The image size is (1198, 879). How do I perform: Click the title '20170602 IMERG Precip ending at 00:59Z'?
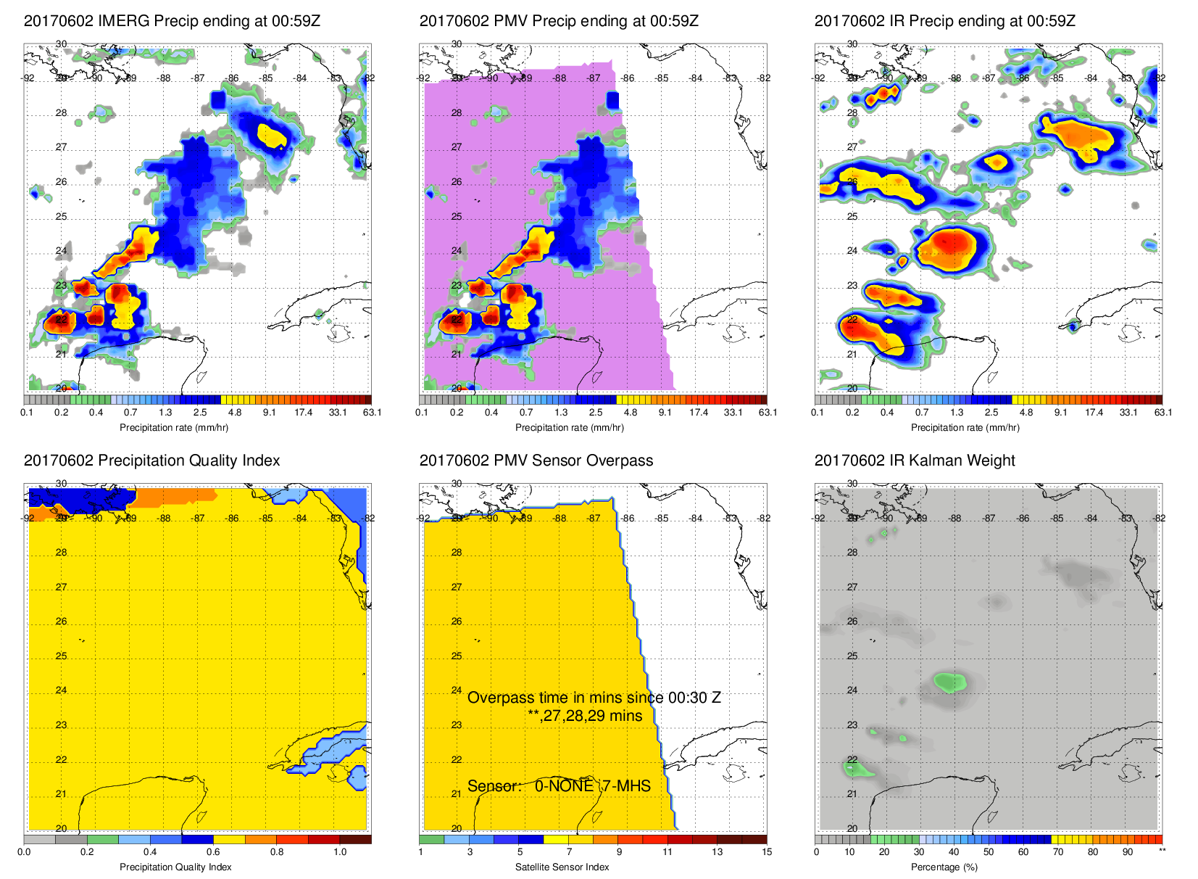172,21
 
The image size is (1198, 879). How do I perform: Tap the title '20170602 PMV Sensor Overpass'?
536,461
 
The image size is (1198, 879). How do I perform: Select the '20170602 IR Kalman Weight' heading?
914,461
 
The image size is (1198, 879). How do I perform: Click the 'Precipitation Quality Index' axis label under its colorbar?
175,867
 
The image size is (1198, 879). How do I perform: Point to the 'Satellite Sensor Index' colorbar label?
562,867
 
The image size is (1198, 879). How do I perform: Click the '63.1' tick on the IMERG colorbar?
372,413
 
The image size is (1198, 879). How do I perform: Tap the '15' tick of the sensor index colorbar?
767,852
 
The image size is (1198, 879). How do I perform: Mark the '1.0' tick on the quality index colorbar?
340,852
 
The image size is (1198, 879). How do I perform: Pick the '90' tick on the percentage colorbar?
1128,852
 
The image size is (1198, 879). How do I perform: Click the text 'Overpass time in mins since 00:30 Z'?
594,698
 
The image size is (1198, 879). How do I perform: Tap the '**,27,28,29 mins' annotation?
585,716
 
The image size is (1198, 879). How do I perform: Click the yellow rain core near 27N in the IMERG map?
271,135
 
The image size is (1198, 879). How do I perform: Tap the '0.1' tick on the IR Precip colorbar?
818,413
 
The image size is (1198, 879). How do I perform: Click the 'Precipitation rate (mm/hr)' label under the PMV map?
569,428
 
